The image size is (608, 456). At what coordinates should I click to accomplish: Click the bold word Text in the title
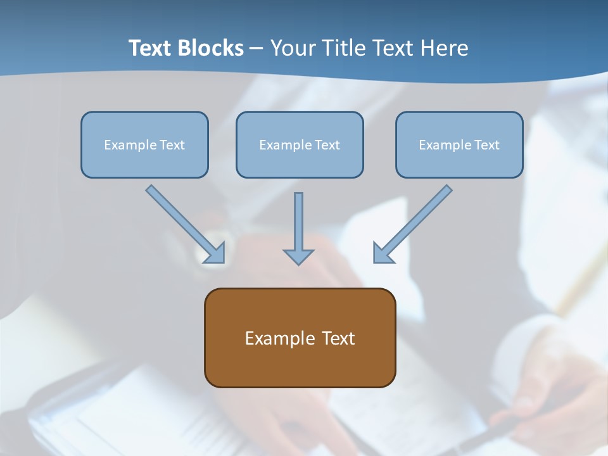tap(151, 48)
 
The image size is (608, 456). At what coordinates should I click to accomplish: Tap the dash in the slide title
tap(256, 49)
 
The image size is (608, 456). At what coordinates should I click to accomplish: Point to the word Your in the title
tap(292, 48)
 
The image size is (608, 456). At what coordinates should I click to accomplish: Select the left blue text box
tap(144, 144)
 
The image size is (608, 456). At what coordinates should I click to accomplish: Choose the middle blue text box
tap(300, 144)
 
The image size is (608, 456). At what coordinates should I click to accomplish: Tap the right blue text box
tap(459, 144)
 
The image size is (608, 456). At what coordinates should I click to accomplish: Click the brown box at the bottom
tap(300, 338)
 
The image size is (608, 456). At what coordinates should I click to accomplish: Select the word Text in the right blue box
tap(486, 145)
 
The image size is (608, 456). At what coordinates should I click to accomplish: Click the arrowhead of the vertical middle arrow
tap(298, 256)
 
